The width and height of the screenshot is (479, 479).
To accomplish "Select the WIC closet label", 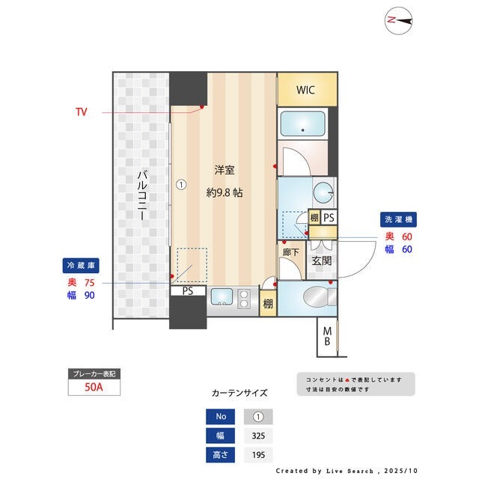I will click(305, 91).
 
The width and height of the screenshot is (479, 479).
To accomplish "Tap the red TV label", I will click(81, 112).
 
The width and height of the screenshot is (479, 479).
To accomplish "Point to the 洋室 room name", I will click(224, 169).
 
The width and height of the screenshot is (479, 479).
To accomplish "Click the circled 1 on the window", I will click(180, 183).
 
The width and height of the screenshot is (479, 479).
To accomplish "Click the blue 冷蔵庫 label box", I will click(81, 265).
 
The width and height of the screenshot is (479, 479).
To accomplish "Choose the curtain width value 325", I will click(259, 436).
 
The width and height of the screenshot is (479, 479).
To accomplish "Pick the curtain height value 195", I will click(259, 454).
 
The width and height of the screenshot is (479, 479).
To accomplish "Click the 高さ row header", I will click(219, 454).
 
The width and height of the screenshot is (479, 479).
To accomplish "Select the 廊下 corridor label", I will click(291, 252).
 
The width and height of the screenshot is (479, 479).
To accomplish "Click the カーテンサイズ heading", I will click(239, 392).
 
